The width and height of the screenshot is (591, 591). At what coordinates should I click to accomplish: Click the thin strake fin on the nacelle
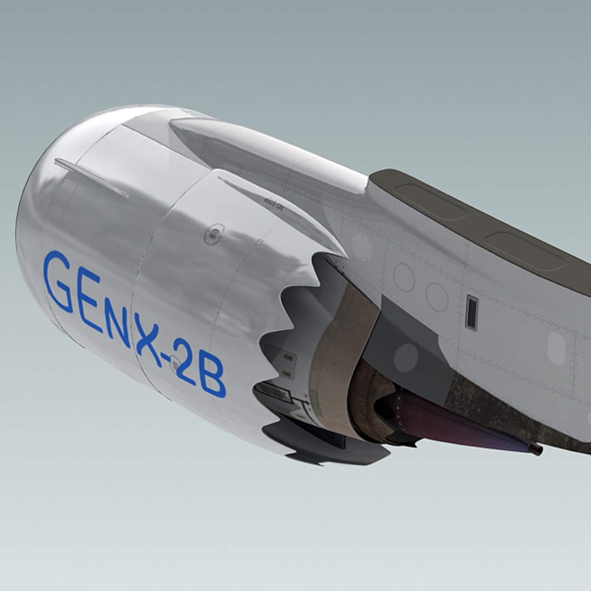92,178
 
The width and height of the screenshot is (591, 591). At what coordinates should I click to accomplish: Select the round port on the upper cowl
215,233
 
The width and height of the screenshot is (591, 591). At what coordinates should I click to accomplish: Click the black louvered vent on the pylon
471,312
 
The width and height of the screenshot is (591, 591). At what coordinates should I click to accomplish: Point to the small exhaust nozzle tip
535,449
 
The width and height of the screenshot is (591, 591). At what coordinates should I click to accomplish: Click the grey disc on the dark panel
406,357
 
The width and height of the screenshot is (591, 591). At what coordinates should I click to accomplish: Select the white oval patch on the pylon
556,348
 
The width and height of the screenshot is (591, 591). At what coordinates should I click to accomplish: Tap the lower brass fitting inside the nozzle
286,373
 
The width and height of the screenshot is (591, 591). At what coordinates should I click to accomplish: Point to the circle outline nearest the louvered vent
437,297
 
